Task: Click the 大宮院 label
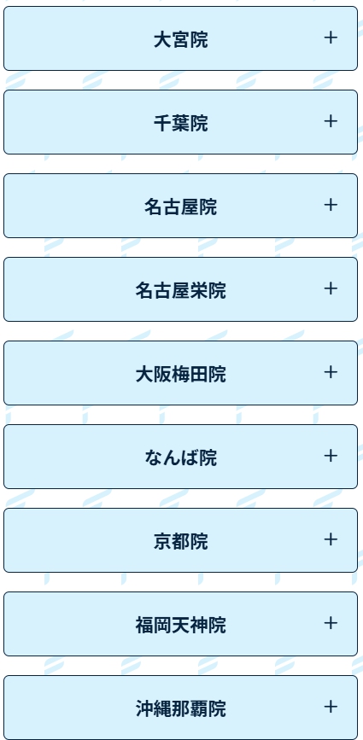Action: (181, 39)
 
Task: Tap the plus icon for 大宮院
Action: (331, 38)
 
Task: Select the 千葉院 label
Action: (181, 123)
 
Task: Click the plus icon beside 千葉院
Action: (331, 121)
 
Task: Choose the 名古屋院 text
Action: (181, 207)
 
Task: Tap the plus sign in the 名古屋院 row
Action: (331, 205)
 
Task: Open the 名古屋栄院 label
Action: (181, 290)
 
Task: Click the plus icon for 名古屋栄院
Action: (331, 288)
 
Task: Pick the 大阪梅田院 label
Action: (181, 374)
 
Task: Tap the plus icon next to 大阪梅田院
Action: (331, 372)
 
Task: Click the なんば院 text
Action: (181, 457)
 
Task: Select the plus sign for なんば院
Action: (331, 456)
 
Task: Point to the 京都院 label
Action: (181, 541)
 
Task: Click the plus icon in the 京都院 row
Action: (331, 539)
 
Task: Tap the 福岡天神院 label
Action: (181, 625)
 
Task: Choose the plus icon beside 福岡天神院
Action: (331, 623)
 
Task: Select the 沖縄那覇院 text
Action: (181, 709)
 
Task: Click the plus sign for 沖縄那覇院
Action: (331, 707)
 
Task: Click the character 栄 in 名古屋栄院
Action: (199, 290)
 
